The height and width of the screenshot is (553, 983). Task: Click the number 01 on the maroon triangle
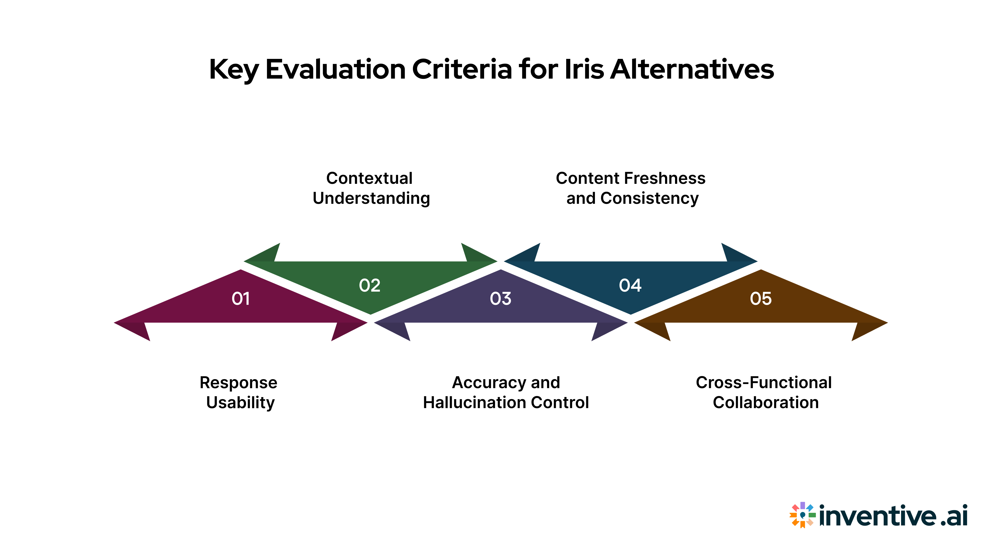240,299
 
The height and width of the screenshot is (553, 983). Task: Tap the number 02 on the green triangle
369,285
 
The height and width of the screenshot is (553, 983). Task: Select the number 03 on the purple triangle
500,299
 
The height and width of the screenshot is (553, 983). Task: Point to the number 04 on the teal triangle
630,285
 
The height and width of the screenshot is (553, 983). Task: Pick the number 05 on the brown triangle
761,299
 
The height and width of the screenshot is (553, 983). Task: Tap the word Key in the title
233,70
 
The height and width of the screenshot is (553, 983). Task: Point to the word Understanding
371,198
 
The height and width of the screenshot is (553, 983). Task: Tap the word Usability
240,403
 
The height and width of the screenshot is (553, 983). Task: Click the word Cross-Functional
764,382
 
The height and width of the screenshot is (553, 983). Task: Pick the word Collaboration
765,403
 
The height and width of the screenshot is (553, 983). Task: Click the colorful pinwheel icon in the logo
802,515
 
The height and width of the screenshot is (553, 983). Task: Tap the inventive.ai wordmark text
893,516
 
